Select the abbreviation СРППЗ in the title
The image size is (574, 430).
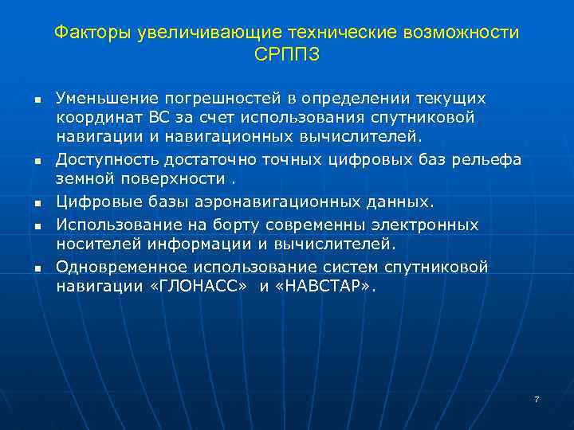286,55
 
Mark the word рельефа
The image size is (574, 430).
487,159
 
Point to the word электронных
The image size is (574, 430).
420,225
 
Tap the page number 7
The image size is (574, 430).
537,399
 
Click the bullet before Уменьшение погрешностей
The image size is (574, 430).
37,99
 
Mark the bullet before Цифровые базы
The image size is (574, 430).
37,203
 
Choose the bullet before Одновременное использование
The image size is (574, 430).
37,268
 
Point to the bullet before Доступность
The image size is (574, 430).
37,161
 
